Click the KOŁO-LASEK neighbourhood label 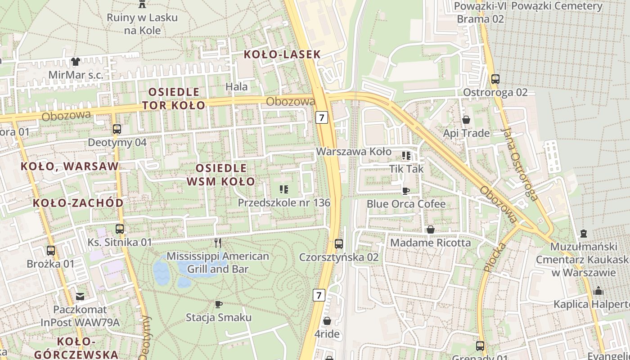coord(282,55)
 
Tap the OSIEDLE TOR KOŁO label coord(174,99)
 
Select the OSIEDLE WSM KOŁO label coord(221,175)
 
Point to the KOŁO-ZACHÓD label coord(78,203)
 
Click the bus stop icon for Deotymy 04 coord(117,129)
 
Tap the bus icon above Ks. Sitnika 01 coord(119,229)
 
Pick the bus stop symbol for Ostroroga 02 coord(495,79)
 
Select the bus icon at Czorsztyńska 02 coord(339,244)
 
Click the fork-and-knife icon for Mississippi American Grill coord(218,243)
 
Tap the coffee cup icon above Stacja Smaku coord(219,304)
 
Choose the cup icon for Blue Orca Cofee coord(406,191)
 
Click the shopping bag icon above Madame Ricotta coord(431,229)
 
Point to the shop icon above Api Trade coord(466,120)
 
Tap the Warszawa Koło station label coord(354,152)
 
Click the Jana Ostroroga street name coord(520,164)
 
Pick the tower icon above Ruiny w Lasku coord(142,4)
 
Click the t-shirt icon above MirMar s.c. coord(75,61)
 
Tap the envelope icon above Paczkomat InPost coord(80,296)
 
